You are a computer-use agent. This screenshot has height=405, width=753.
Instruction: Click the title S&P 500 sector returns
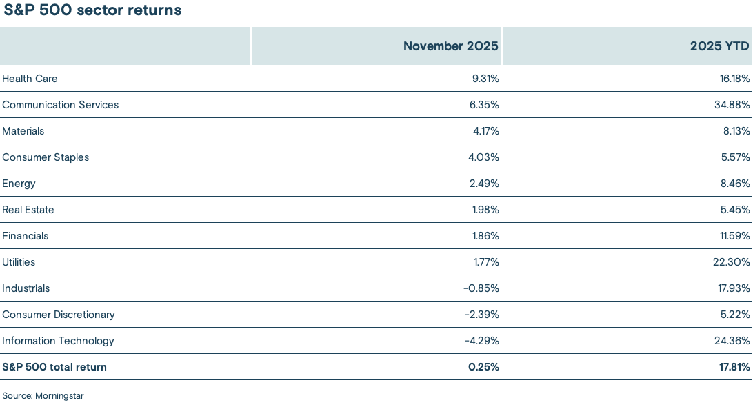click(92, 10)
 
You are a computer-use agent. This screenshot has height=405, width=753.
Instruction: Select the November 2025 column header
click(451, 46)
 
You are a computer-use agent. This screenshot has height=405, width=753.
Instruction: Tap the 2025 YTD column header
click(719, 46)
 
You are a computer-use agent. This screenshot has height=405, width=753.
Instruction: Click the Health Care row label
click(30, 79)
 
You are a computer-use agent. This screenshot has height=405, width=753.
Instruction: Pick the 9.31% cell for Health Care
click(485, 79)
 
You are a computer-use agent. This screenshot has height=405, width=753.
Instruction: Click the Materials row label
click(23, 131)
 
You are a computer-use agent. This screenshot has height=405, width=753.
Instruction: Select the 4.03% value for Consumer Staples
click(484, 157)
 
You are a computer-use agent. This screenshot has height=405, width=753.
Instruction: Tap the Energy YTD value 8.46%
click(735, 184)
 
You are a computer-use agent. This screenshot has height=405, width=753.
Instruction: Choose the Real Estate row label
click(28, 210)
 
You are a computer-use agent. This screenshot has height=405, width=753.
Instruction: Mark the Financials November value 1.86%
click(485, 236)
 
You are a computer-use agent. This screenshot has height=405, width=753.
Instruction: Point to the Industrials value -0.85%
click(481, 288)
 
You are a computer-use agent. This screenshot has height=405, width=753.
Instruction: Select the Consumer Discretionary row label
click(58, 315)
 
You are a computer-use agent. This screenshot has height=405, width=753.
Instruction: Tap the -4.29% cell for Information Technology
click(481, 341)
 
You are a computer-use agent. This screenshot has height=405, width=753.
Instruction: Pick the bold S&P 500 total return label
click(54, 367)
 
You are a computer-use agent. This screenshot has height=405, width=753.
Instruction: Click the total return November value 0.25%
click(484, 367)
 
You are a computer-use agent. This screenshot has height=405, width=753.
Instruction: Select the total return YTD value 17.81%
click(734, 367)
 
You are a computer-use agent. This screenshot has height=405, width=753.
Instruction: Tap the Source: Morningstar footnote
click(43, 396)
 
